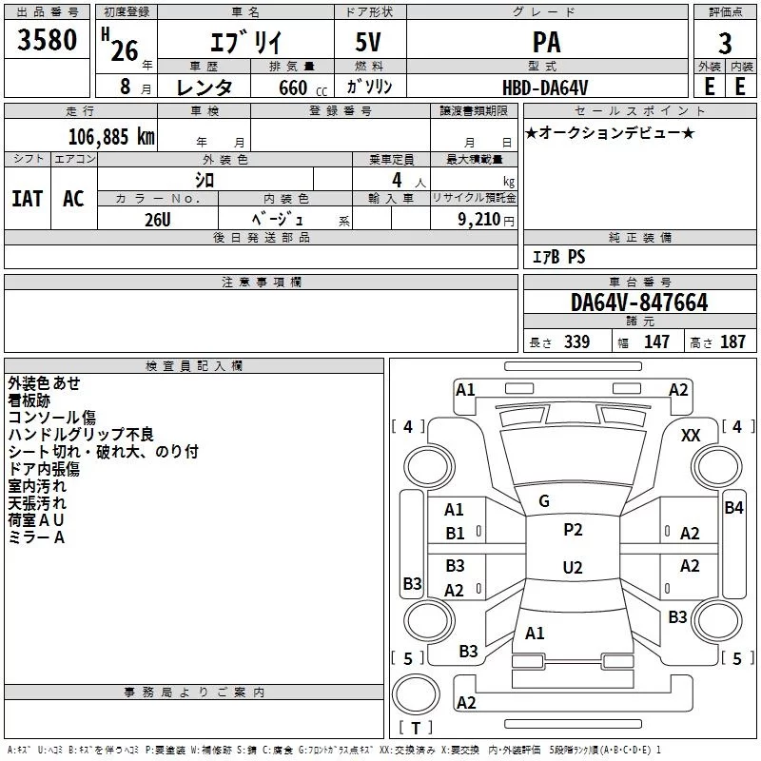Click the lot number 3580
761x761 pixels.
[48, 42]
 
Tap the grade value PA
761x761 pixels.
[547, 43]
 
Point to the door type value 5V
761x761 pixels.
[371, 43]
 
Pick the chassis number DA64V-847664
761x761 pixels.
[639, 302]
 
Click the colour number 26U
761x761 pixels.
[158, 220]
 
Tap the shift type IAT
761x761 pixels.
[27, 199]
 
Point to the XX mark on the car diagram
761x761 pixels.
[692, 435]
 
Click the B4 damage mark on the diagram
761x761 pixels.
[733, 508]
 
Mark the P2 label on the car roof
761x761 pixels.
[573, 530]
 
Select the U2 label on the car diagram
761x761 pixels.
[573, 568]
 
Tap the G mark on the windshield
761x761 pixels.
[544, 501]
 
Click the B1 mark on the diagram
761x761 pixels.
[456, 534]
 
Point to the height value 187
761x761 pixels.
[732, 342]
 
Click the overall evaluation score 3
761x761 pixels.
[725, 43]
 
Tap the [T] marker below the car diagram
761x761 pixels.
[415, 729]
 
